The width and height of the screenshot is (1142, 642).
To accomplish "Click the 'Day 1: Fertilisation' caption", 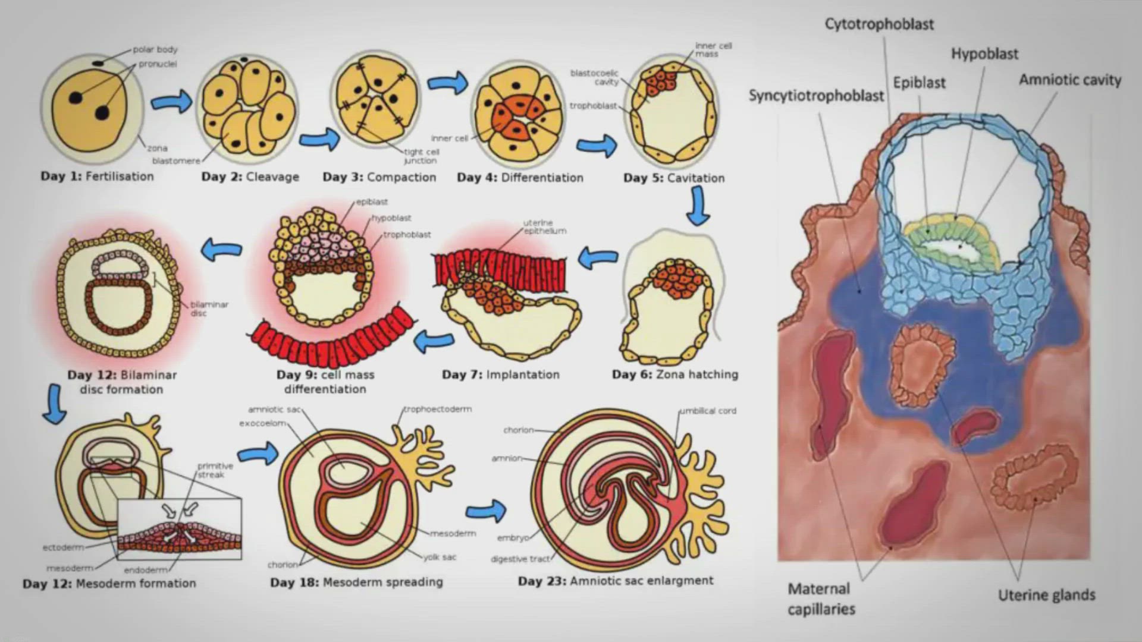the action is pyautogui.click(x=97, y=176).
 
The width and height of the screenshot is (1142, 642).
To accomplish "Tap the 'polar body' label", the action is pyautogui.click(x=155, y=49).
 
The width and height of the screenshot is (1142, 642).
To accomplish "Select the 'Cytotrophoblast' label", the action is pyautogui.click(x=879, y=24).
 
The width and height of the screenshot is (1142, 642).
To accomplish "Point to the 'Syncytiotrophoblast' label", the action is pyautogui.click(x=816, y=96).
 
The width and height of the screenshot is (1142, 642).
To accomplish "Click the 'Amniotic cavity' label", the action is pyautogui.click(x=1070, y=80).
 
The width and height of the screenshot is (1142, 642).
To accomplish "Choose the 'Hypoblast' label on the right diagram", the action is pyautogui.click(x=984, y=54).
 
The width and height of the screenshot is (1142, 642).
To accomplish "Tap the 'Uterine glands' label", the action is pyautogui.click(x=1046, y=595).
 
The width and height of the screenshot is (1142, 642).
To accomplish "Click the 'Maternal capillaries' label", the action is pyautogui.click(x=821, y=599).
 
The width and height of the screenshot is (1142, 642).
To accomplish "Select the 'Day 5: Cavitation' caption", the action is pyautogui.click(x=674, y=178).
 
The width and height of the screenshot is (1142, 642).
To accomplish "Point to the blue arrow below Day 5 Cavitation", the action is pyautogui.click(x=697, y=206).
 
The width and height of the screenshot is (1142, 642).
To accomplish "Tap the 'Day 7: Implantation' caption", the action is pyautogui.click(x=501, y=374).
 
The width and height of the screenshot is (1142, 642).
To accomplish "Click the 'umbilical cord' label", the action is pyautogui.click(x=708, y=411).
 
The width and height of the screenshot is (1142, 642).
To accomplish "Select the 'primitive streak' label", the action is pyautogui.click(x=215, y=470).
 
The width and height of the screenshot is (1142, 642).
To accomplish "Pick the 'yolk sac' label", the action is pyautogui.click(x=440, y=557).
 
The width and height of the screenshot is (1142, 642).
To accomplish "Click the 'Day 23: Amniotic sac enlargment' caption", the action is pyautogui.click(x=616, y=581).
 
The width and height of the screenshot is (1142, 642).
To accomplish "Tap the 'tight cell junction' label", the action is pyautogui.click(x=421, y=156).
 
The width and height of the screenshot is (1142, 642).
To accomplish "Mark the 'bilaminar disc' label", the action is pyautogui.click(x=209, y=309).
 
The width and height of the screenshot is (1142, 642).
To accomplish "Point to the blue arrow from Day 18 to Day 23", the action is pyautogui.click(x=486, y=511).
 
